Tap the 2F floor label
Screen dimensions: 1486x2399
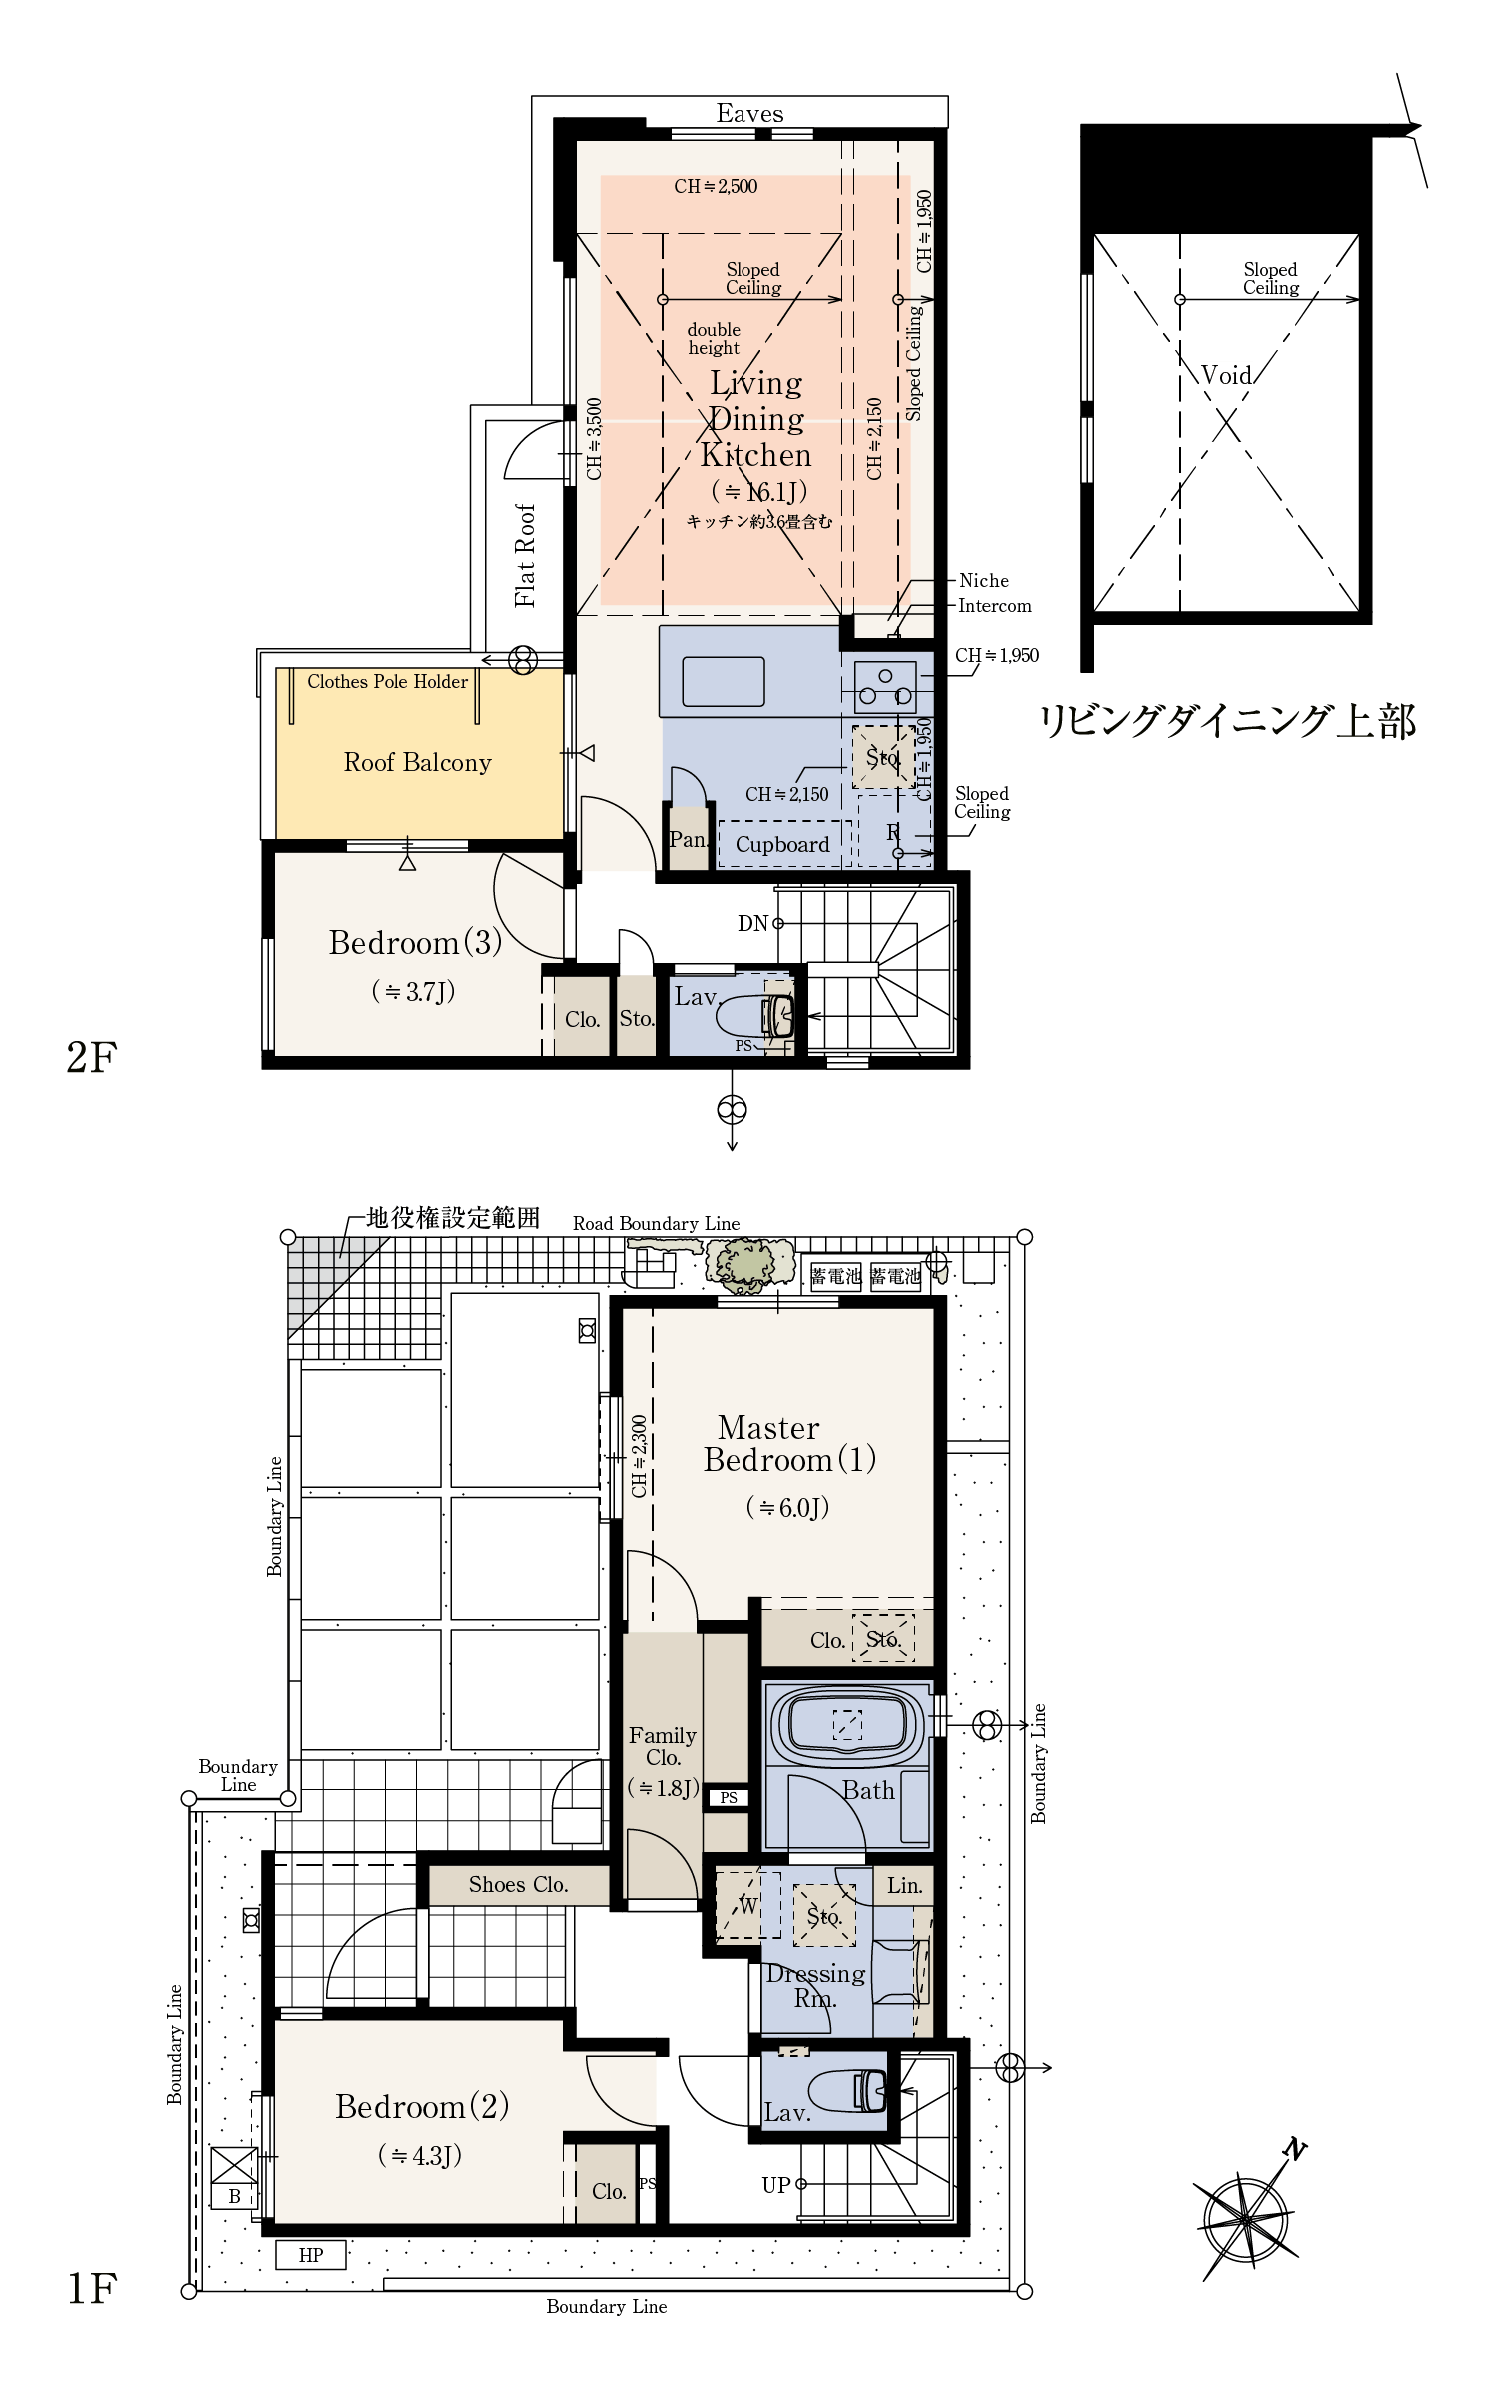92,1057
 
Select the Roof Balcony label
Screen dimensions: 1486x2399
418,763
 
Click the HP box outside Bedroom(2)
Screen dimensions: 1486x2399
311,2255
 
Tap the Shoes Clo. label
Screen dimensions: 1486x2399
518,1885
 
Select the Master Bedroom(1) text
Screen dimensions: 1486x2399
789,1444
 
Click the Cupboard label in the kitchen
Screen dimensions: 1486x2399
782,845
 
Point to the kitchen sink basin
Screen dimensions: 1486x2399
724,682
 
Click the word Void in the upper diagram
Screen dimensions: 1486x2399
1226,375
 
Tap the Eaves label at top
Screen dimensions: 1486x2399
749,114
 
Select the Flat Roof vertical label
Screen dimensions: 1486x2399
525,556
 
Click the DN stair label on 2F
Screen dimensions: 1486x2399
752,924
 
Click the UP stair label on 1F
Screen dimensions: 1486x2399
776,2185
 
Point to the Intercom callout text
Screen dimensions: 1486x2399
994,606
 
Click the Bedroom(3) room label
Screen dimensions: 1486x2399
415,943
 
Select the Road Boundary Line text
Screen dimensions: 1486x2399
656,1224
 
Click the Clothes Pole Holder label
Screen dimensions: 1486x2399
387,682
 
